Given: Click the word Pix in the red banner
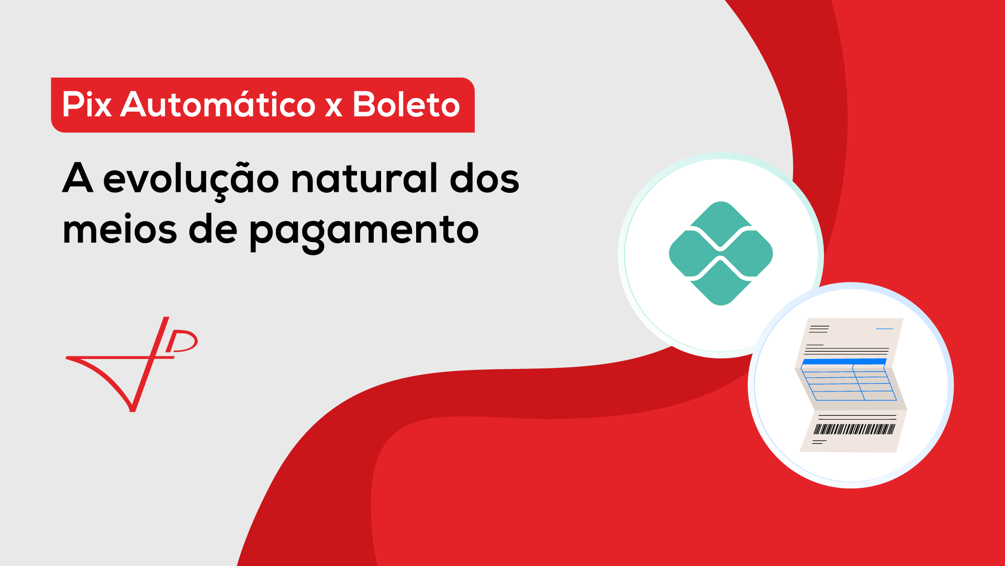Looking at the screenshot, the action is [x=87, y=104].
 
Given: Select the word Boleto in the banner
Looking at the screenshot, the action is [x=406, y=104].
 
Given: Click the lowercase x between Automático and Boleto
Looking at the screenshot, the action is [x=333, y=107].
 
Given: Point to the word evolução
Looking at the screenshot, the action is [x=191, y=180].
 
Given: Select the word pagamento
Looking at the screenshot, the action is [x=364, y=233].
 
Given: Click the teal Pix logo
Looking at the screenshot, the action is [x=721, y=254].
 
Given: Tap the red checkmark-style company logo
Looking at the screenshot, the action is [x=131, y=364].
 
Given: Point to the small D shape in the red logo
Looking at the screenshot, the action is [x=182, y=341].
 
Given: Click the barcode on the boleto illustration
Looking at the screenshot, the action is [x=854, y=429].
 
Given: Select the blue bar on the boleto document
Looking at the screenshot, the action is [x=844, y=362].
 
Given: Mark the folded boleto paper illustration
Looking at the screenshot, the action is [x=851, y=385].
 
